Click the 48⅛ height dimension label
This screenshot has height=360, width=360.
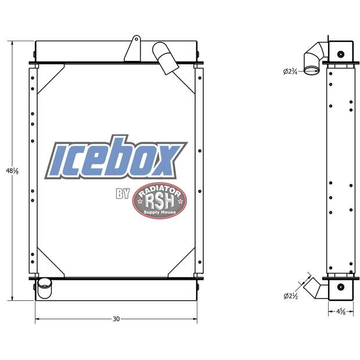tap(8, 171)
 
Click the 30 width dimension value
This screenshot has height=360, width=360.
tap(116, 319)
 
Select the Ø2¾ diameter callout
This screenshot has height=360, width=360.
tap(291, 71)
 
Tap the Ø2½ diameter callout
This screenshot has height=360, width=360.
tap(291, 296)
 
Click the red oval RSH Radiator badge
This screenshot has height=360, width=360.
tap(160, 201)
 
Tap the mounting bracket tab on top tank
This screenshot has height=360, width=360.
tap(133, 49)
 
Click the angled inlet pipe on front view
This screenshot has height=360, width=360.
tap(165, 58)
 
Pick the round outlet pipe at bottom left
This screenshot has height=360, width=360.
tap(44, 287)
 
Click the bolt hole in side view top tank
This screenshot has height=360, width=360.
tap(340, 55)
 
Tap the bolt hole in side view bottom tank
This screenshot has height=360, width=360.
tap(340, 286)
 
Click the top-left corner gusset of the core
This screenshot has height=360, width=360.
tap(49, 78)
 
